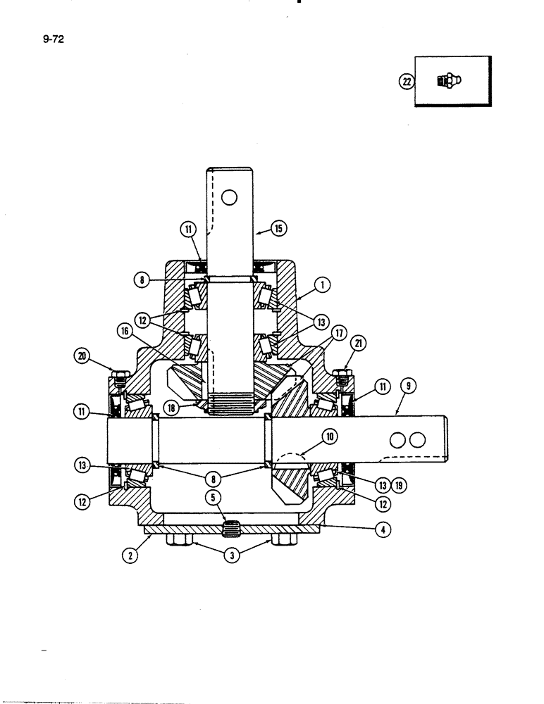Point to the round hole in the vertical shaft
click(x=228, y=198)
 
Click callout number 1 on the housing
click(x=325, y=286)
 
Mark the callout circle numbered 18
click(x=171, y=408)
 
